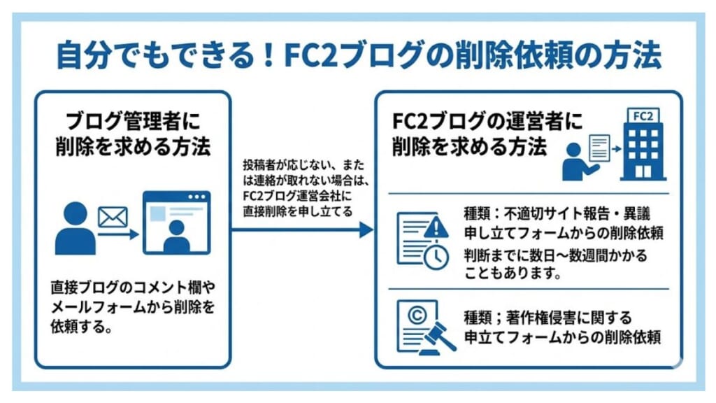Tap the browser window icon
(x=176, y=222)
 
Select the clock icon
(x=436, y=257)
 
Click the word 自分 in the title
(x=78, y=57)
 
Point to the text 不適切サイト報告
(x=552, y=212)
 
